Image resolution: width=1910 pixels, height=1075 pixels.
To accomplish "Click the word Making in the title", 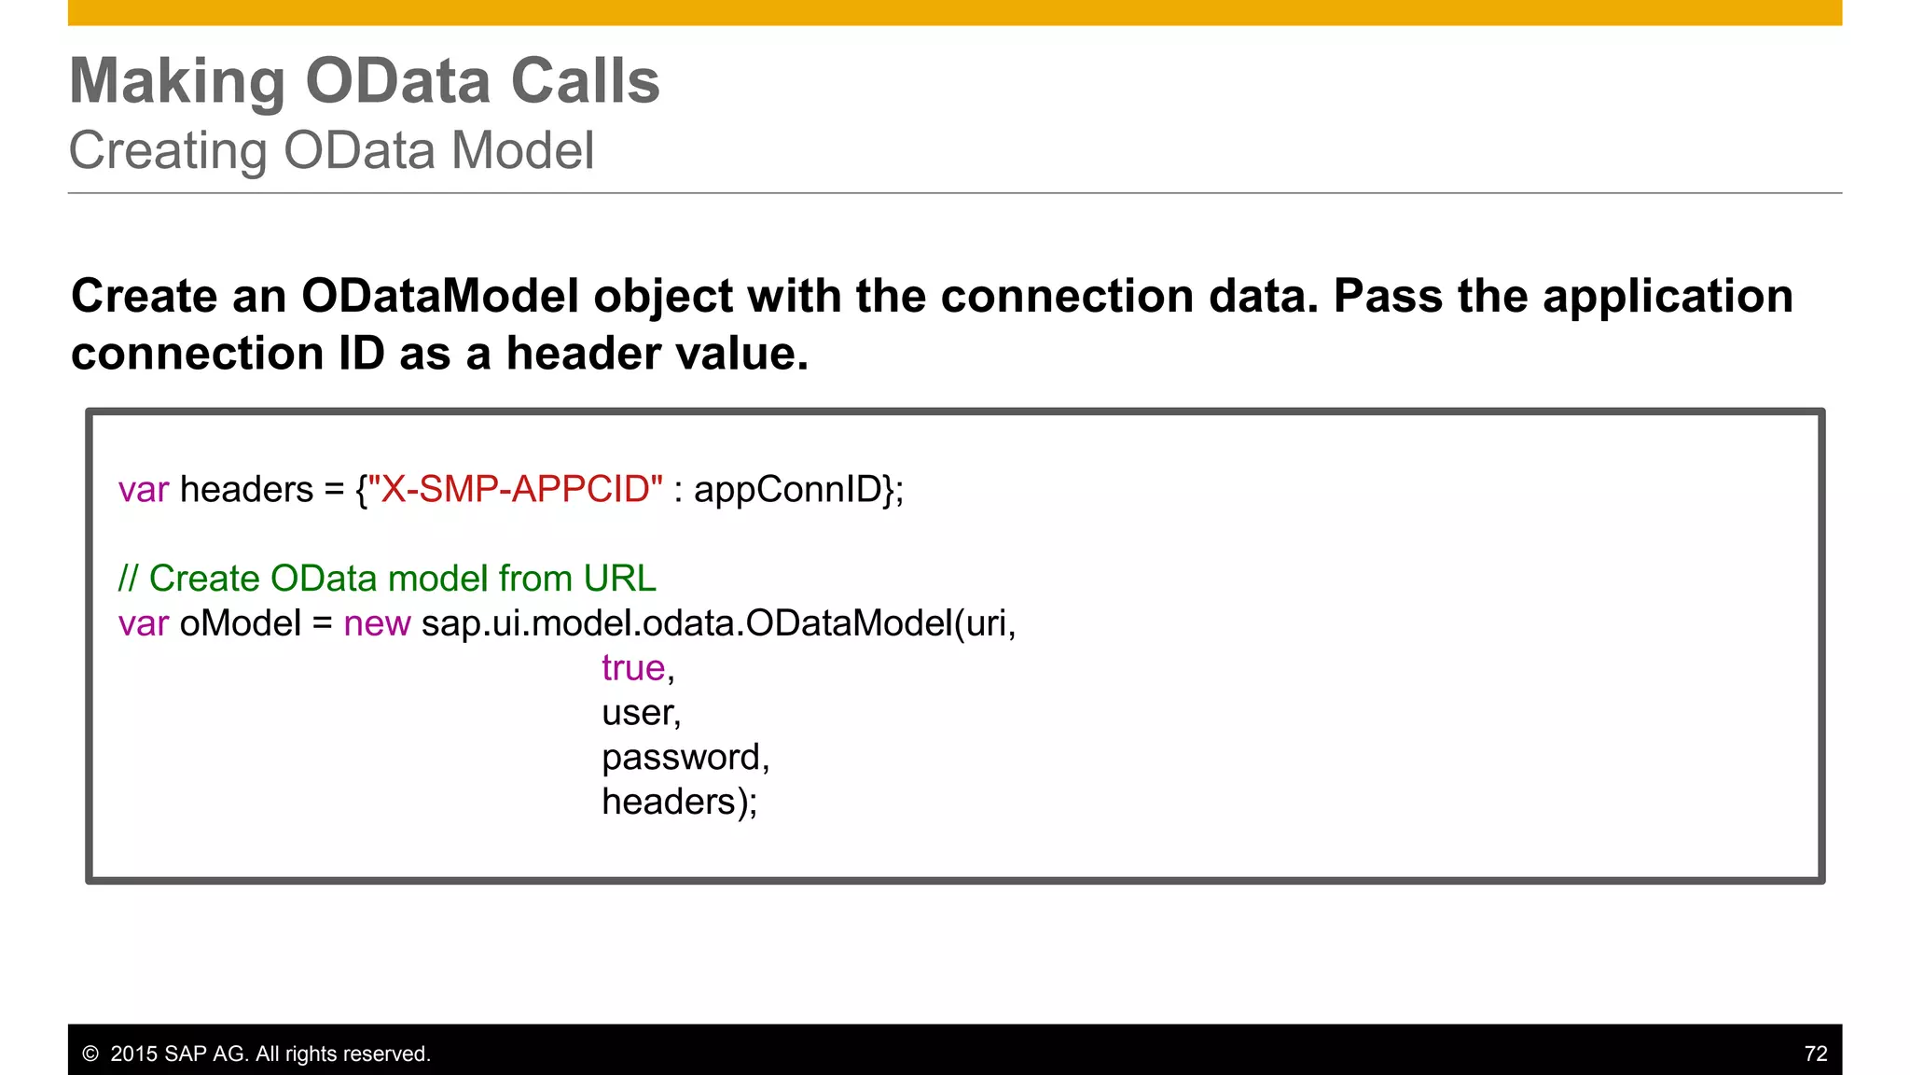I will point(176,82).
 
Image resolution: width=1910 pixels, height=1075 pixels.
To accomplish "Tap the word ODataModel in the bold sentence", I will point(440,297).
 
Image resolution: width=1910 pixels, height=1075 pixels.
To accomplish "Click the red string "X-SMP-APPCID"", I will point(515,490).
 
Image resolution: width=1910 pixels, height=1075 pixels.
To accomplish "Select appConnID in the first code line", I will point(788,490).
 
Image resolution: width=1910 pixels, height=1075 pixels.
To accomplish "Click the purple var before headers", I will point(143,490).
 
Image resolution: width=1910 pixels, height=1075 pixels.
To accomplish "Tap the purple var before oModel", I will point(143,623).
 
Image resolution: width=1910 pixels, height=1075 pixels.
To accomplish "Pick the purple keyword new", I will point(377,623).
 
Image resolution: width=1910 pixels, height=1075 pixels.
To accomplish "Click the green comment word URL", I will point(619,579).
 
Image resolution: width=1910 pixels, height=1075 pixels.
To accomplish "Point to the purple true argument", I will point(633,668).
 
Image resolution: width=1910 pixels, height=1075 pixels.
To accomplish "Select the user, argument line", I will point(641,713).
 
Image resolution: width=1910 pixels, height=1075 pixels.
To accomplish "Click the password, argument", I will point(685,758).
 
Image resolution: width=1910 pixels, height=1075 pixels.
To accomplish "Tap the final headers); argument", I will point(679,802).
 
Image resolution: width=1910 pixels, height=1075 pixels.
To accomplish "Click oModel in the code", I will point(240,623).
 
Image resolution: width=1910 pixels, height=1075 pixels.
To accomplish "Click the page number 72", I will point(1815,1054).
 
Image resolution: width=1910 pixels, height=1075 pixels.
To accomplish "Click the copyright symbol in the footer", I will point(90,1054).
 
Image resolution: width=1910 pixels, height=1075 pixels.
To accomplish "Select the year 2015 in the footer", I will point(133,1054).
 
